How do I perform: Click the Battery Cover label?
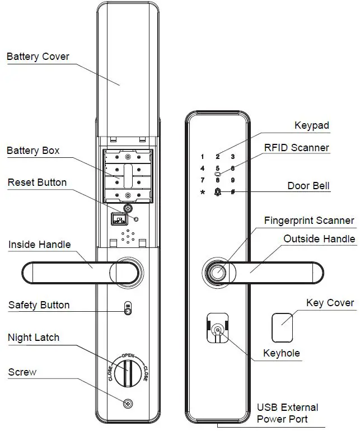pyautogui.click(x=38, y=57)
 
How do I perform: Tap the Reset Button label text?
pyautogui.click(x=37, y=182)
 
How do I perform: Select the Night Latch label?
pyautogui.click(x=34, y=338)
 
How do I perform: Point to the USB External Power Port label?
pyautogui.click(x=287, y=413)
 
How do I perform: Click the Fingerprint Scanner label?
pyautogui.click(x=309, y=221)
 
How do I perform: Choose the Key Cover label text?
pyautogui.click(x=330, y=303)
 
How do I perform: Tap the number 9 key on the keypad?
pyautogui.click(x=232, y=180)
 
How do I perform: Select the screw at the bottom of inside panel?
pyautogui.click(x=128, y=404)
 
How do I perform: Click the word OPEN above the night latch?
pyautogui.click(x=128, y=355)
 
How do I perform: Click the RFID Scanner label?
pyautogui.click(x=297, y=148)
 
